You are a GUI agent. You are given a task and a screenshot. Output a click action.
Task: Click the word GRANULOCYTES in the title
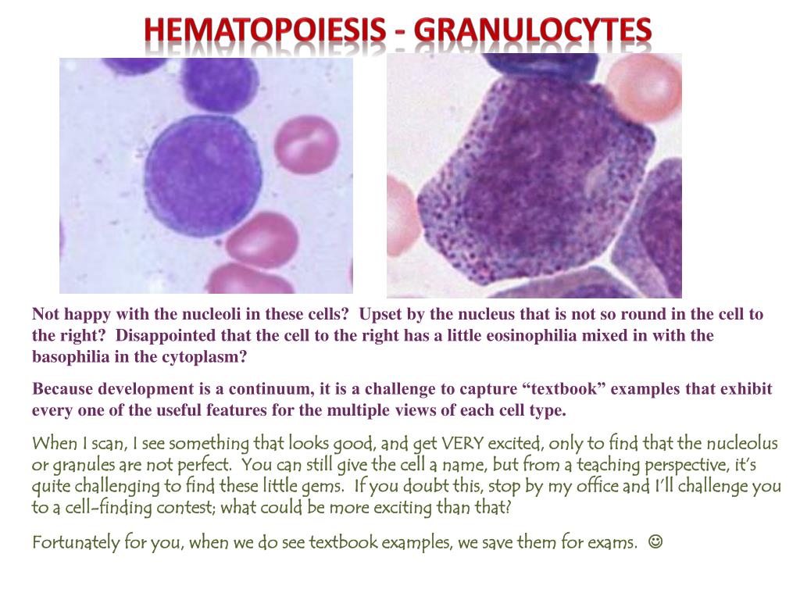pyautogui.click(x=533, y=30)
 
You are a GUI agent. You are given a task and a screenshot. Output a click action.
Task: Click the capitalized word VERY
pyautogui.click(x=462, y=444)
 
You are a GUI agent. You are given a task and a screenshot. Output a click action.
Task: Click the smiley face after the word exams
pyautogui.click(x=655, y=541)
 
